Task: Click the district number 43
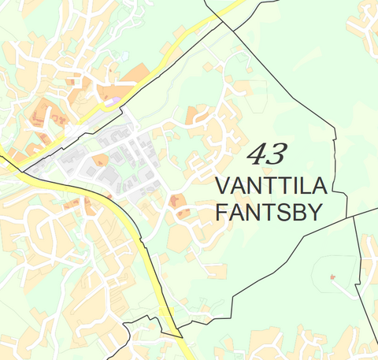click(267, 153)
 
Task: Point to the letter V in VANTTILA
click(223, 187)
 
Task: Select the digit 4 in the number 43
click(257, 154)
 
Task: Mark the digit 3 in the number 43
click(277, 153)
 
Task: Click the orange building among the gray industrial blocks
click(100, 160)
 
